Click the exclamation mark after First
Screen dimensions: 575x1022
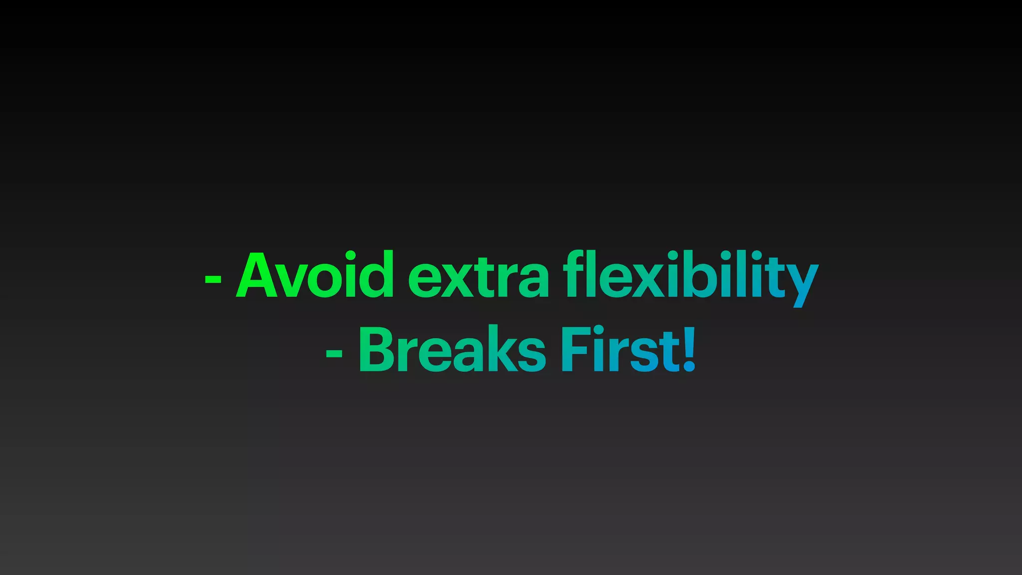pos(689,348)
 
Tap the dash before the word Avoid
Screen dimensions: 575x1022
pos(213,280)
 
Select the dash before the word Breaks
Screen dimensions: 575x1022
pos(334,353)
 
